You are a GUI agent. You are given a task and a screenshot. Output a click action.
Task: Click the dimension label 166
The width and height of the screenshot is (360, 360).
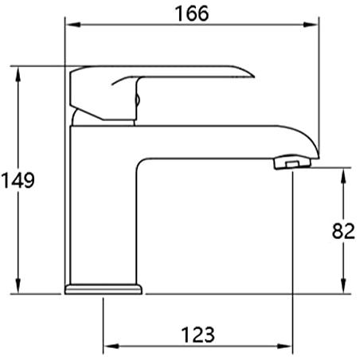coord(192,14)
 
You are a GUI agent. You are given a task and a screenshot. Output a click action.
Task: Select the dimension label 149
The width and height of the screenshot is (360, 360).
coord(18,180)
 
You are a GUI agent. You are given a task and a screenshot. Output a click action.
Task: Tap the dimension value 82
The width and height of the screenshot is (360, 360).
coord(343,231)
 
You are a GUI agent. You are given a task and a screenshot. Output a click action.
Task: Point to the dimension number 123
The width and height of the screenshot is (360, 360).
coord(198,335)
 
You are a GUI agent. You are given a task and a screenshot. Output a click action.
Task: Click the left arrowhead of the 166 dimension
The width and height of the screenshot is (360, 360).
coord(72,25)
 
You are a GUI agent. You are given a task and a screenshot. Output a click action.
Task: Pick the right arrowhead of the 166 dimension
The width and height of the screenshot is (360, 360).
coord(311,25)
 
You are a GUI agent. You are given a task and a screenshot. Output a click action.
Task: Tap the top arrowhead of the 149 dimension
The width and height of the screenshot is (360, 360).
coord(18,74)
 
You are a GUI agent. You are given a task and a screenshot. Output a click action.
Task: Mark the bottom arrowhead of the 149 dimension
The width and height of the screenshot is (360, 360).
coord(18,286)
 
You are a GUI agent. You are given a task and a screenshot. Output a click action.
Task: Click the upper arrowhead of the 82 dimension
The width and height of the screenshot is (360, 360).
coord(343,176)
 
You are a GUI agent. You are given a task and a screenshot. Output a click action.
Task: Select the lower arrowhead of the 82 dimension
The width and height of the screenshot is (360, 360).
coord(343,286)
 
